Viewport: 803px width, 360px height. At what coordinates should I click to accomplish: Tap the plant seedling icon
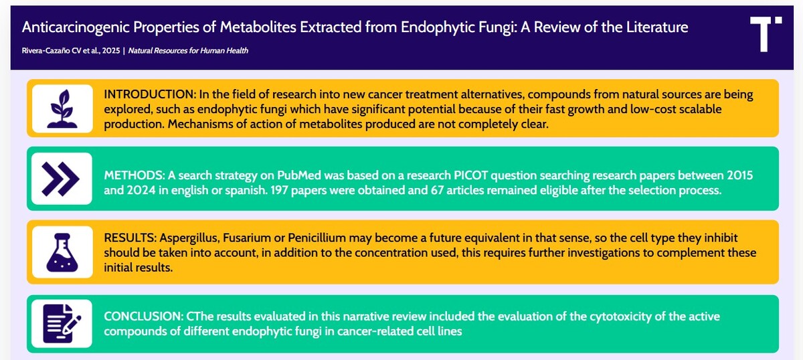[x=62, y=109]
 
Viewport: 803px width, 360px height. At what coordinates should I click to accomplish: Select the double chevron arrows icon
[x=60, y=179]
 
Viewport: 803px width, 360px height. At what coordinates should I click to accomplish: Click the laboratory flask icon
[x=62, y=252]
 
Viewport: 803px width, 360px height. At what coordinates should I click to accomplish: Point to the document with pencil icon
[x=62, y=324]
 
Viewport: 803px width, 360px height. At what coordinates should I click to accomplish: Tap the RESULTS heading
[x=130, y=238]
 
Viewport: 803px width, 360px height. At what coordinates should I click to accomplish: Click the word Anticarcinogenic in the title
[x=76, y=27]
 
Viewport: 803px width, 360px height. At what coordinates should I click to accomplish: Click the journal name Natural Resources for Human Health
[x=188, y=51]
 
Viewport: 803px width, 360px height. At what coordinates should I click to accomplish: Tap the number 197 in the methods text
[x=280, y=190]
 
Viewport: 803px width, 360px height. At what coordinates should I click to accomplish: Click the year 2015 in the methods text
[x=740, y=175]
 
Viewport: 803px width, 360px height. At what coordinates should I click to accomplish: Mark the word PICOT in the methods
[x=470, y=175]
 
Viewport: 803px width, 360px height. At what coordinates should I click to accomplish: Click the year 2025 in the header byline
[x=111, y=51]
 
